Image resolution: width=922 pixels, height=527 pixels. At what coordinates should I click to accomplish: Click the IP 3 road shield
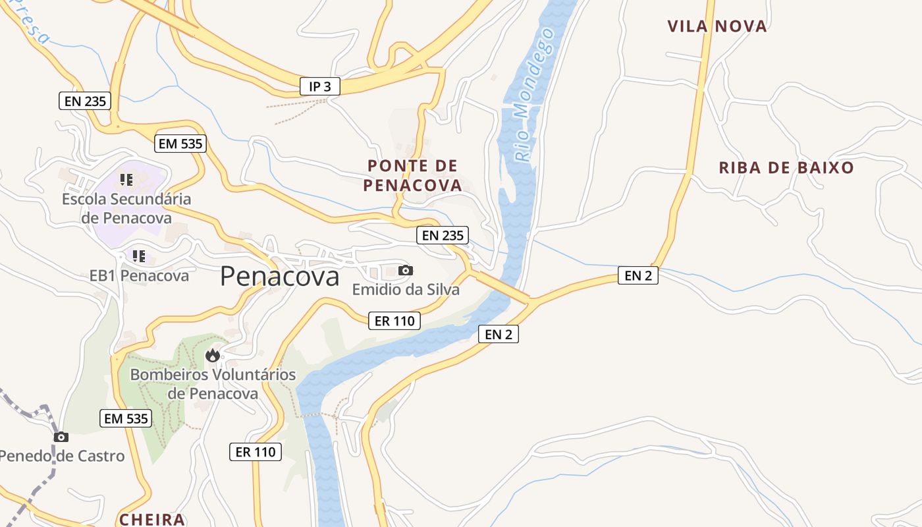point(319,86)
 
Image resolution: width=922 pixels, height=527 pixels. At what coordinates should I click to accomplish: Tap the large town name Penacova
point(280,276)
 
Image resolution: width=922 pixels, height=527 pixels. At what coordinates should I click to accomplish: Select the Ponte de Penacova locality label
point(413,175)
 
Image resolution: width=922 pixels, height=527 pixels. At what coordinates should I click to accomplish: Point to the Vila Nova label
point(717,26)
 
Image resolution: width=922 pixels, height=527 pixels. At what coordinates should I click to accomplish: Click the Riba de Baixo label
point(786,167)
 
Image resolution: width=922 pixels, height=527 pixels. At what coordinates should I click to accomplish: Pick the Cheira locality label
point(152,519)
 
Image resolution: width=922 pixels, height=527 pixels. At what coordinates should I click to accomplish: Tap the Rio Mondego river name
point(533,96)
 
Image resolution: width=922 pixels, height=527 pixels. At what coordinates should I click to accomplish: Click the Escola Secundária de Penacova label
point(126,208)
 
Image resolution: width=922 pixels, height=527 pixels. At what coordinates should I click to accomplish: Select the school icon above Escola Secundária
point(126,179)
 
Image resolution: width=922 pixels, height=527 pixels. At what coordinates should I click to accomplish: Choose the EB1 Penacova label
point(139,275)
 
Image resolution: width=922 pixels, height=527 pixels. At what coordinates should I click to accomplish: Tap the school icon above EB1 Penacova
point(138,256)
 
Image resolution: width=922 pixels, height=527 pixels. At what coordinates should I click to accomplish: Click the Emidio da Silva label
point(406,289)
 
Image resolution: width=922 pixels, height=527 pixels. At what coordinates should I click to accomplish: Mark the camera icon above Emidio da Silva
point(406,270)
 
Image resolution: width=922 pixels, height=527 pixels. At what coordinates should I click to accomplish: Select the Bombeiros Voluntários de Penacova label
point(213,384)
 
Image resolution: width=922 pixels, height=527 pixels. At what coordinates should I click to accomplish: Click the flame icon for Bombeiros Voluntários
point(212,356)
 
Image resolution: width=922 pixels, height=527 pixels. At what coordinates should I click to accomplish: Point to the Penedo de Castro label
point(61,456)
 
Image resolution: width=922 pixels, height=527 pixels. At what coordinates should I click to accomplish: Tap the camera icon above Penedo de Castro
point(61,437)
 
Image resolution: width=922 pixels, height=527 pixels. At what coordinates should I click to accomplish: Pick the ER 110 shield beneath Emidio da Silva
point(394,321)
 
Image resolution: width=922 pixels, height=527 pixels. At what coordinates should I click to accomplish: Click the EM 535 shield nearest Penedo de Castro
point(126,418)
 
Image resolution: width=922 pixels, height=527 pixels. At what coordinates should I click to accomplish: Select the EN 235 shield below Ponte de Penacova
point(443,235)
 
